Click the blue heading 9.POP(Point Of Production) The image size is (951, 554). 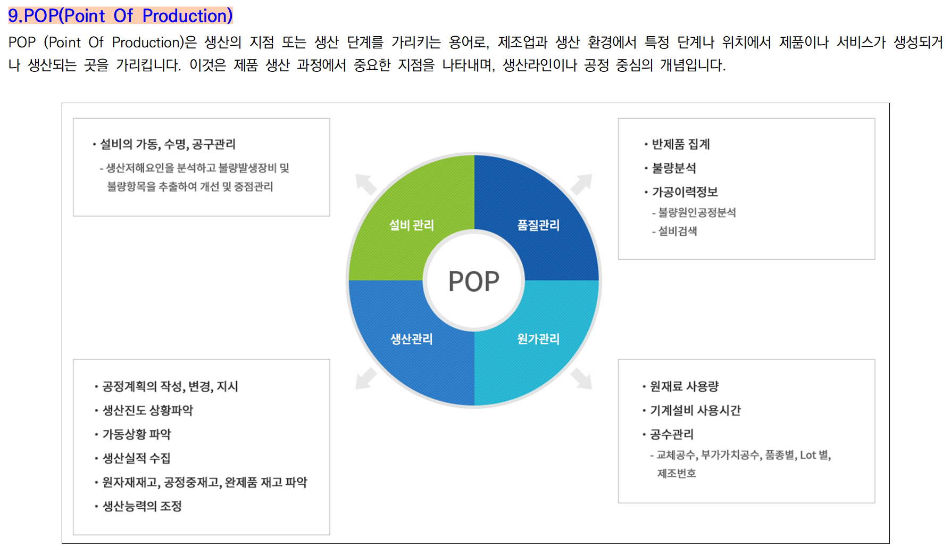pos(121,15)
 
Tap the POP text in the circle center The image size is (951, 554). pos(474,282)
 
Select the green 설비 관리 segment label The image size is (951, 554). pos(411,225)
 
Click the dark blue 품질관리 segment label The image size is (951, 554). pos(538,225)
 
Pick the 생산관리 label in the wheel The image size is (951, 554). pos(411,339)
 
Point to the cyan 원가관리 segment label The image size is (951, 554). pos(538,339)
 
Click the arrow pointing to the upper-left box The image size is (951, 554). pos(366,184)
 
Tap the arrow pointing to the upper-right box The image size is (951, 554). pos(581,184)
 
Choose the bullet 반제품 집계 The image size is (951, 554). pos(681,144)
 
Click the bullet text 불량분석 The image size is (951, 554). pos(674,168)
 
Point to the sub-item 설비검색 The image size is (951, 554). pos(678,231)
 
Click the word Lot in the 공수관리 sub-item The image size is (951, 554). pos(808,455)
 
